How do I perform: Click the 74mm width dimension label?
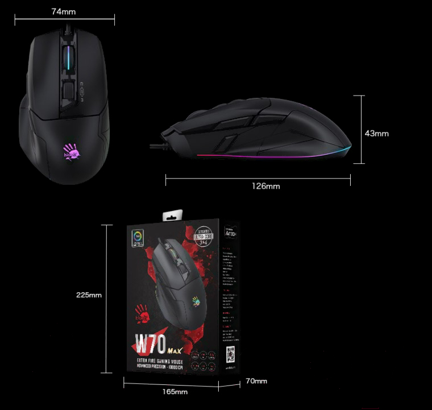[x=64, y=11]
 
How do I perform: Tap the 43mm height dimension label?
[x=376, y=133]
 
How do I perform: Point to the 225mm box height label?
[x=89, y=295]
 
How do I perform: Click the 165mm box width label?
[x=175, y=392]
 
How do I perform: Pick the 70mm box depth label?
[x=256, y=380]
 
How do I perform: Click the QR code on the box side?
[x=229, y=350]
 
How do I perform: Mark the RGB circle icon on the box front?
[x=138, y=237]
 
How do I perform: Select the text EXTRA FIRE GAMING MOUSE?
[x=165, y=360]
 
